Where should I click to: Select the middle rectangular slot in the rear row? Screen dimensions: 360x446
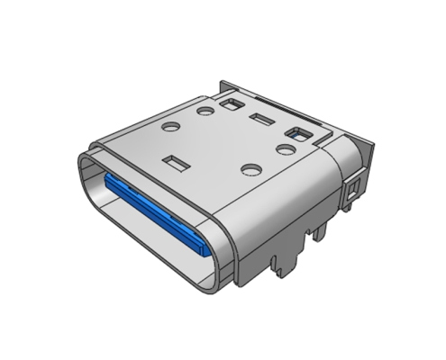[x=262, y=121]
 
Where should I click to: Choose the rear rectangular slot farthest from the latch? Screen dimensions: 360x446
[x=233, y=106]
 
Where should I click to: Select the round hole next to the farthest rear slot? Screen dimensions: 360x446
[x=205, y=112]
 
